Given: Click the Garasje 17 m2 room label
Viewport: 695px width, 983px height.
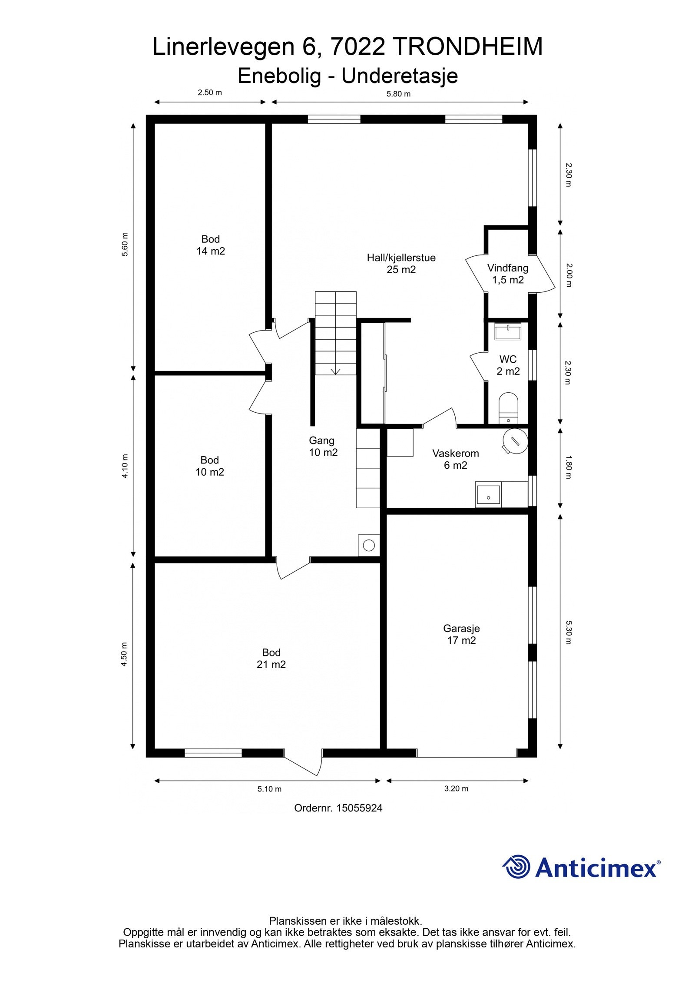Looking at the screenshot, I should coord(461,634).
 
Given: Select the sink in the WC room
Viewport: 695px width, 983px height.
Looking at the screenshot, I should coord(508,332).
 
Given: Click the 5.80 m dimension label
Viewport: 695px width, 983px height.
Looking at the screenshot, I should coord(398,94).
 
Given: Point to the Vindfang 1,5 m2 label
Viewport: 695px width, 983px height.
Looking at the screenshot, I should coord(507,274).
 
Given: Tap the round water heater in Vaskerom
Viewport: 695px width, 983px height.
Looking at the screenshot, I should coord(515,440).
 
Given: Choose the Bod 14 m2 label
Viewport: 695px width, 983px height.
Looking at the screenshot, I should coord(210,245).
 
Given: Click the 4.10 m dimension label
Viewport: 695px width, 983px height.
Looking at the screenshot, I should coord(125,466).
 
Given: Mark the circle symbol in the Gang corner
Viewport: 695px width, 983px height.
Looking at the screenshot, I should coord(369,545).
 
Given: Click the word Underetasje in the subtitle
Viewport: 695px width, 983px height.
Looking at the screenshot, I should coord(399,76).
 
